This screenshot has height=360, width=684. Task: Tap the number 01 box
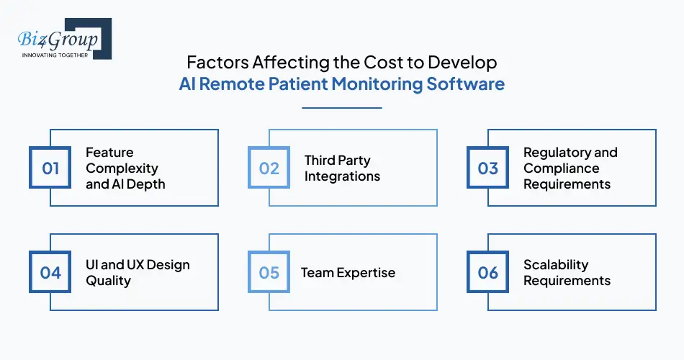click(x=50, y=168)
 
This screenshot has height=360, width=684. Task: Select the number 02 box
click(x=269, y=168)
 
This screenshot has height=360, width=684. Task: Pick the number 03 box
click(x=488, y=168)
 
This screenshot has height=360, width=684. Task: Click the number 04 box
click(x=50, y=273)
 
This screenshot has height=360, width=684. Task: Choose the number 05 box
click(x=269, y=273)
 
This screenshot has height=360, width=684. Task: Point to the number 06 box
click(x=488, y=273)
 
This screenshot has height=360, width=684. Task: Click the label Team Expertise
click(x=348, y=273)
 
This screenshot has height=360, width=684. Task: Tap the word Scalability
click(x=556, y=265)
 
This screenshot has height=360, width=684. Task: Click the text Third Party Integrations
click(x=342, y=168)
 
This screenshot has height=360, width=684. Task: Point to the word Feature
click(x=109, y=153)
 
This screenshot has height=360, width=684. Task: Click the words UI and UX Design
click(x=138, y=265)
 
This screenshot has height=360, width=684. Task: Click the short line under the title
click(x=341, y=108)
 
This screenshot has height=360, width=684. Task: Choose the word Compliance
click(x=561, y=168)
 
